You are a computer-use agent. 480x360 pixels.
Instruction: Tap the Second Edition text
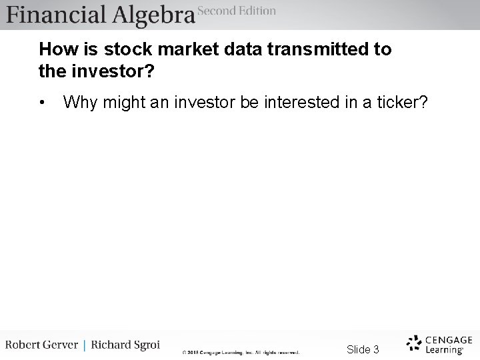(237, 11)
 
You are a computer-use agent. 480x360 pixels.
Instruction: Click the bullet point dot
(43, 103)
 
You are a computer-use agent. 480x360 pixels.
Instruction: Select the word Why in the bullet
(79, 103)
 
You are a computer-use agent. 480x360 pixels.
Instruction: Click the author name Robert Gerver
(42, 345)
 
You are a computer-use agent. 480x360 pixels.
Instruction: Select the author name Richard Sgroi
(125, 345)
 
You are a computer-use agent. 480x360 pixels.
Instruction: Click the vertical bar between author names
(85, 345)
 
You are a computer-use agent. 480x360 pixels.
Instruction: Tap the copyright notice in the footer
(241, 352)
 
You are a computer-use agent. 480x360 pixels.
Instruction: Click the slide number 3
(376, 349)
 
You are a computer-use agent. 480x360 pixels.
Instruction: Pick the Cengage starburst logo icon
(415, 343)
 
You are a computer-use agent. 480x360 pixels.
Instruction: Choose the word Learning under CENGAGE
(444, 349)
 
